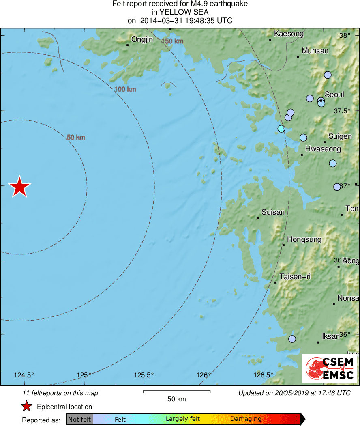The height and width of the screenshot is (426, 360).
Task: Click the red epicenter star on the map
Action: click(19, 187)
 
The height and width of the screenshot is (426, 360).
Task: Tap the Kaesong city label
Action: click(289, 34)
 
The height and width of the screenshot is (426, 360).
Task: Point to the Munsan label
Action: click(315, 51)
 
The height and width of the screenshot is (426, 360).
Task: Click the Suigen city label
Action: click(340, 136)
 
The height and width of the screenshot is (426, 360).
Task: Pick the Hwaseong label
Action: click(323, 149)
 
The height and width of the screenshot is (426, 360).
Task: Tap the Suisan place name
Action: click(273, 212)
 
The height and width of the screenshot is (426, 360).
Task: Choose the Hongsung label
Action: click(304, 239)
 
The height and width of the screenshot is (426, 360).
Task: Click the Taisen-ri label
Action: click(295, 277)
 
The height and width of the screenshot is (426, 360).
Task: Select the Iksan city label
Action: click(330, 336)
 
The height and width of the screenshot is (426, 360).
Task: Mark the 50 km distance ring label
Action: click(76, 138)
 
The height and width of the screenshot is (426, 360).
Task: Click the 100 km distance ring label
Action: click(125, 89)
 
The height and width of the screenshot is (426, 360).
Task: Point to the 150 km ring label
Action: click(172, 41)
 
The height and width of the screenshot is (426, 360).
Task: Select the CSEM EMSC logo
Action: click(330, 368)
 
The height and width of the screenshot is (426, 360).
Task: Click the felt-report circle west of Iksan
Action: click(292, 339)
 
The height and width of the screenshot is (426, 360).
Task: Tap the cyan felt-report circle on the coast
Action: click(281, 129)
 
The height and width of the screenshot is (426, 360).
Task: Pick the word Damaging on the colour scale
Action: click(246, 419)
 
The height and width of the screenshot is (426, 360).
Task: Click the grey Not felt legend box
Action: click(79, 419)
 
